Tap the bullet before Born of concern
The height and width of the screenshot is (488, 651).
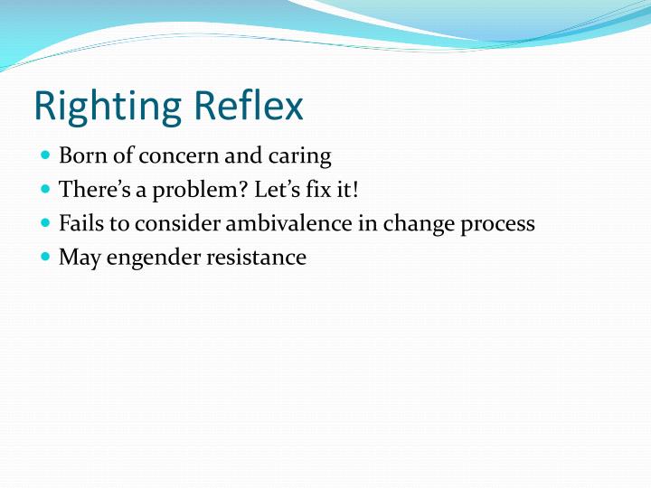46,155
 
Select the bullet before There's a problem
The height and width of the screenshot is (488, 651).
46,190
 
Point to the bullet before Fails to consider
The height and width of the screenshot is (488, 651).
46,223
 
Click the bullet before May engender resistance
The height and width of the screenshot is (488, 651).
46,258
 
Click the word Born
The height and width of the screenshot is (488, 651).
80,156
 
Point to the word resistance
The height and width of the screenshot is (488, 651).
256,258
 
